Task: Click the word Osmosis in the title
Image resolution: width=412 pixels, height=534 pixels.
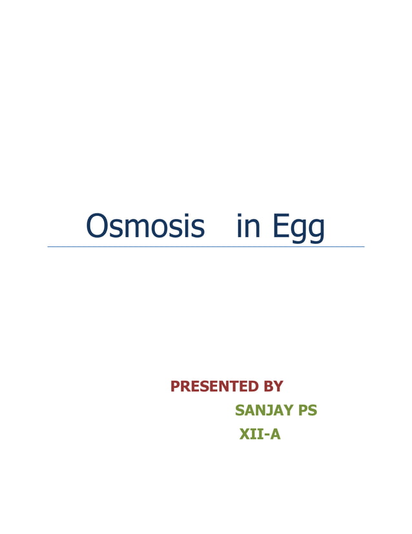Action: coord(145,227)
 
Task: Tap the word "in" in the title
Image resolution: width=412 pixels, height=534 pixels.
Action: coord(249,227)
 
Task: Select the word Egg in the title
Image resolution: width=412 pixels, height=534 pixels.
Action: coord(298,228)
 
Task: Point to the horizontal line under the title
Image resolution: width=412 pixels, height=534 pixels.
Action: coord(205,246)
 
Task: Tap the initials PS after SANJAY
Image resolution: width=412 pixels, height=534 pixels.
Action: coord(307,411)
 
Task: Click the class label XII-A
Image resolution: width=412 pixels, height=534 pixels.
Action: coord(260,434)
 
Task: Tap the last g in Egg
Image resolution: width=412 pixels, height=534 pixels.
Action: coord(316,231)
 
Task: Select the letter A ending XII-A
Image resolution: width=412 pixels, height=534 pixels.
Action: coord(275,434)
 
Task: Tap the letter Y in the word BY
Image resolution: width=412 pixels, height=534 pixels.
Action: coord(278,387)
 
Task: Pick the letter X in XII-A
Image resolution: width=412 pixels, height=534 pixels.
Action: coord(245,434)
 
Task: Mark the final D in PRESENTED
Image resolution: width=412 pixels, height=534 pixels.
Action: coord(254,387)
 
